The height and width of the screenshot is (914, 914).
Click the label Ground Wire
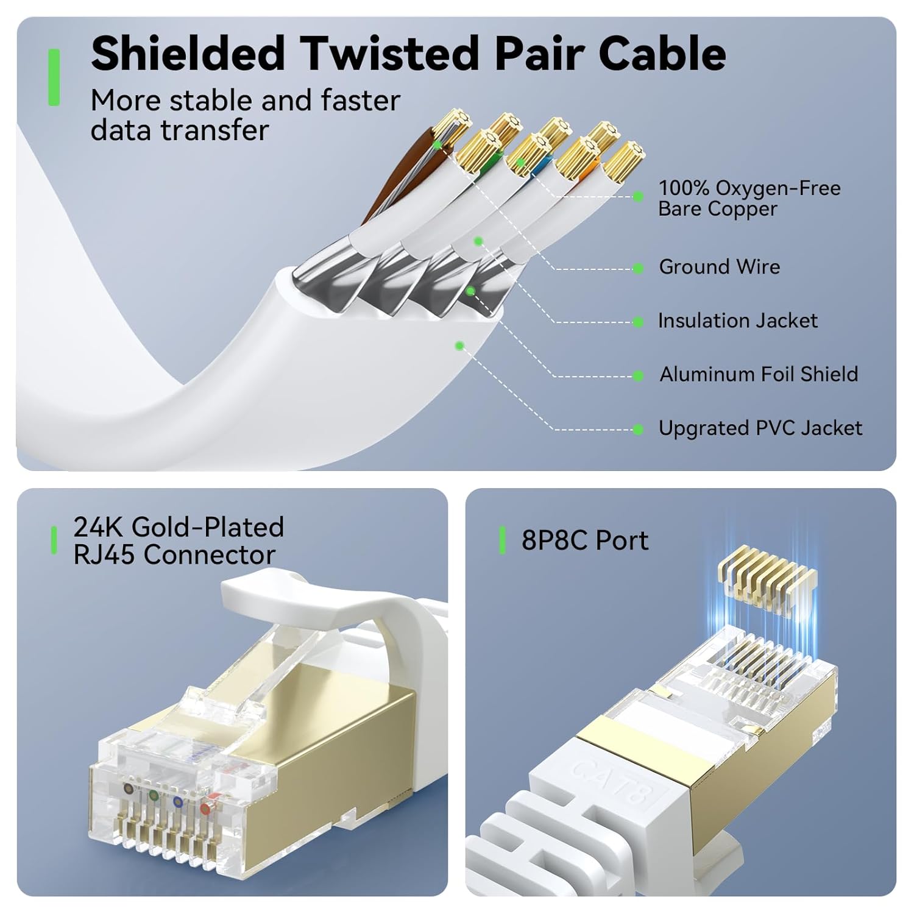(x=719, y=267)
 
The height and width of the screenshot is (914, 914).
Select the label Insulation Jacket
(x=737, y=321)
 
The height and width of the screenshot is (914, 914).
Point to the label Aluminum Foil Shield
(x=759, y=374)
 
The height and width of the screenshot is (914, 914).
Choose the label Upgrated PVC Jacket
(x=760, y=428)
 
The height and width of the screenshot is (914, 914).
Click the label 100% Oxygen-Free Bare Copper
(x=749, y=198)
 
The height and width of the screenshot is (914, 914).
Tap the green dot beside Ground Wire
(x=638, y=268)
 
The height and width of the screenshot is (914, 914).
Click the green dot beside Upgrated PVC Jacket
(x=638, y=430)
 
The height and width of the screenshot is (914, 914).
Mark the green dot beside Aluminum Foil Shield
(x=638, y=376)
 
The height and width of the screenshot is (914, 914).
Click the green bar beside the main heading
(x=54, y=77)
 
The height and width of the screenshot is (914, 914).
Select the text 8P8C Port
(x=584, y=540)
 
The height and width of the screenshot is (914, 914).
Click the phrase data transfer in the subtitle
(x=179, y=130)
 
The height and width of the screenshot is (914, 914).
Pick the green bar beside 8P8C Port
(x=502, y=540)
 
